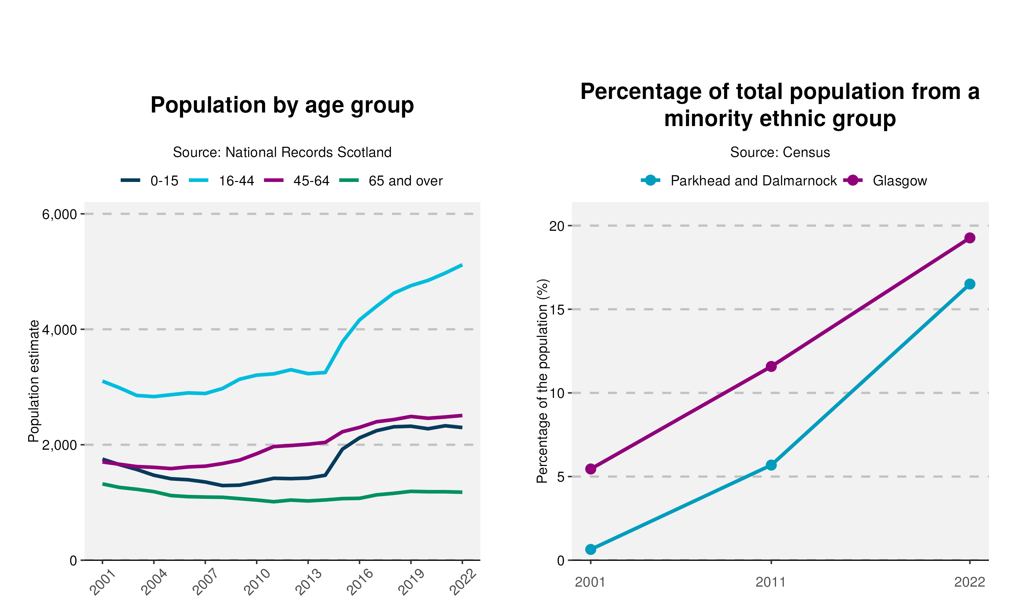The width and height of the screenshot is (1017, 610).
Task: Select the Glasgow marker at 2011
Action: (x=771, y=366)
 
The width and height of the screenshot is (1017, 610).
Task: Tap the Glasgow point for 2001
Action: (x=591, y=469)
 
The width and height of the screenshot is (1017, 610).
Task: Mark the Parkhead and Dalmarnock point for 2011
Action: (x=771, y=465)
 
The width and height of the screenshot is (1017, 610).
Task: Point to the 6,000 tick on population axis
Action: (x=60, y=214)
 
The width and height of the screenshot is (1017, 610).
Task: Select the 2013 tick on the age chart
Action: (x=308, y=582)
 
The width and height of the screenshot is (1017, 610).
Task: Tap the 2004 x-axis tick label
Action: (x=154, y=582)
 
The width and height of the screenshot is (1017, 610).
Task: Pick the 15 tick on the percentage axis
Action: (x=557, y=309)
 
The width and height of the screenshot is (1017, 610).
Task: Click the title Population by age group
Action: (x=282, y=105)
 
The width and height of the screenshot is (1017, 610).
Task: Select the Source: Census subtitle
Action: (x=780, y=152)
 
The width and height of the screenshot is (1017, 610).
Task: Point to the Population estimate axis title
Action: (x=34, y=381)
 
